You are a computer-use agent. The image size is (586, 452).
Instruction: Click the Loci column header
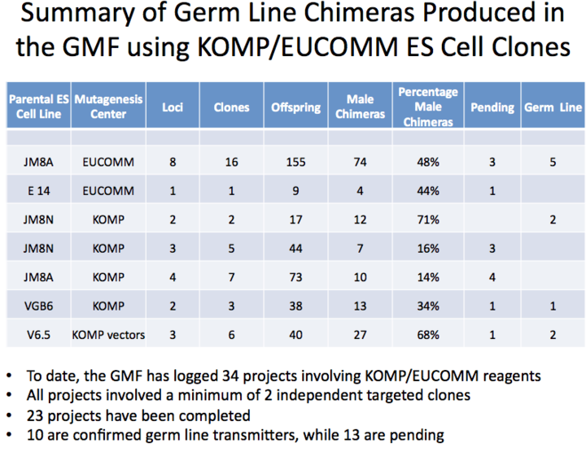coord(173,107)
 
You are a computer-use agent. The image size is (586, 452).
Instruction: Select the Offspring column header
coord(295,107)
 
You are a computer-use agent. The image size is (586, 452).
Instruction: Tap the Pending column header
coord(492,107)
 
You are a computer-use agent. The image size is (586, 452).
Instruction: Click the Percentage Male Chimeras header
coord(428,106)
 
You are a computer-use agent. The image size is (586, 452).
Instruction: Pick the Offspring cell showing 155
coord(295,162)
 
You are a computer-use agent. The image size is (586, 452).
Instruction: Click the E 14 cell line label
coord(38,191)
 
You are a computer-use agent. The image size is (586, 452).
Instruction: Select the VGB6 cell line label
coord(38,306)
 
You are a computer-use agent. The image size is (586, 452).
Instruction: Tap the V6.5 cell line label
coord(38,335)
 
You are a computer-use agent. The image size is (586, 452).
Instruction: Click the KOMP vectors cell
coord(108,335)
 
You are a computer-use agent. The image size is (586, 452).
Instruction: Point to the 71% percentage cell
coord(428,219)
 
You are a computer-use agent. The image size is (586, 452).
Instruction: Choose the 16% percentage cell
coord(428,248)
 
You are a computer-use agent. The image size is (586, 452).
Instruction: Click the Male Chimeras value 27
coord(360,335)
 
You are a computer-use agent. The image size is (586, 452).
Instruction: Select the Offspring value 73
coord(295,277)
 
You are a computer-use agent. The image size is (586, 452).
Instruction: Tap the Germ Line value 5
coord(553,162)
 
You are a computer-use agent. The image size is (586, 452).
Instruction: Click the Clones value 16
coord(231,162)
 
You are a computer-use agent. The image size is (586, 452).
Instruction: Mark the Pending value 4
coord(492,277)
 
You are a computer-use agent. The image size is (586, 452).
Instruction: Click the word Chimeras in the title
coord(359,13)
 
